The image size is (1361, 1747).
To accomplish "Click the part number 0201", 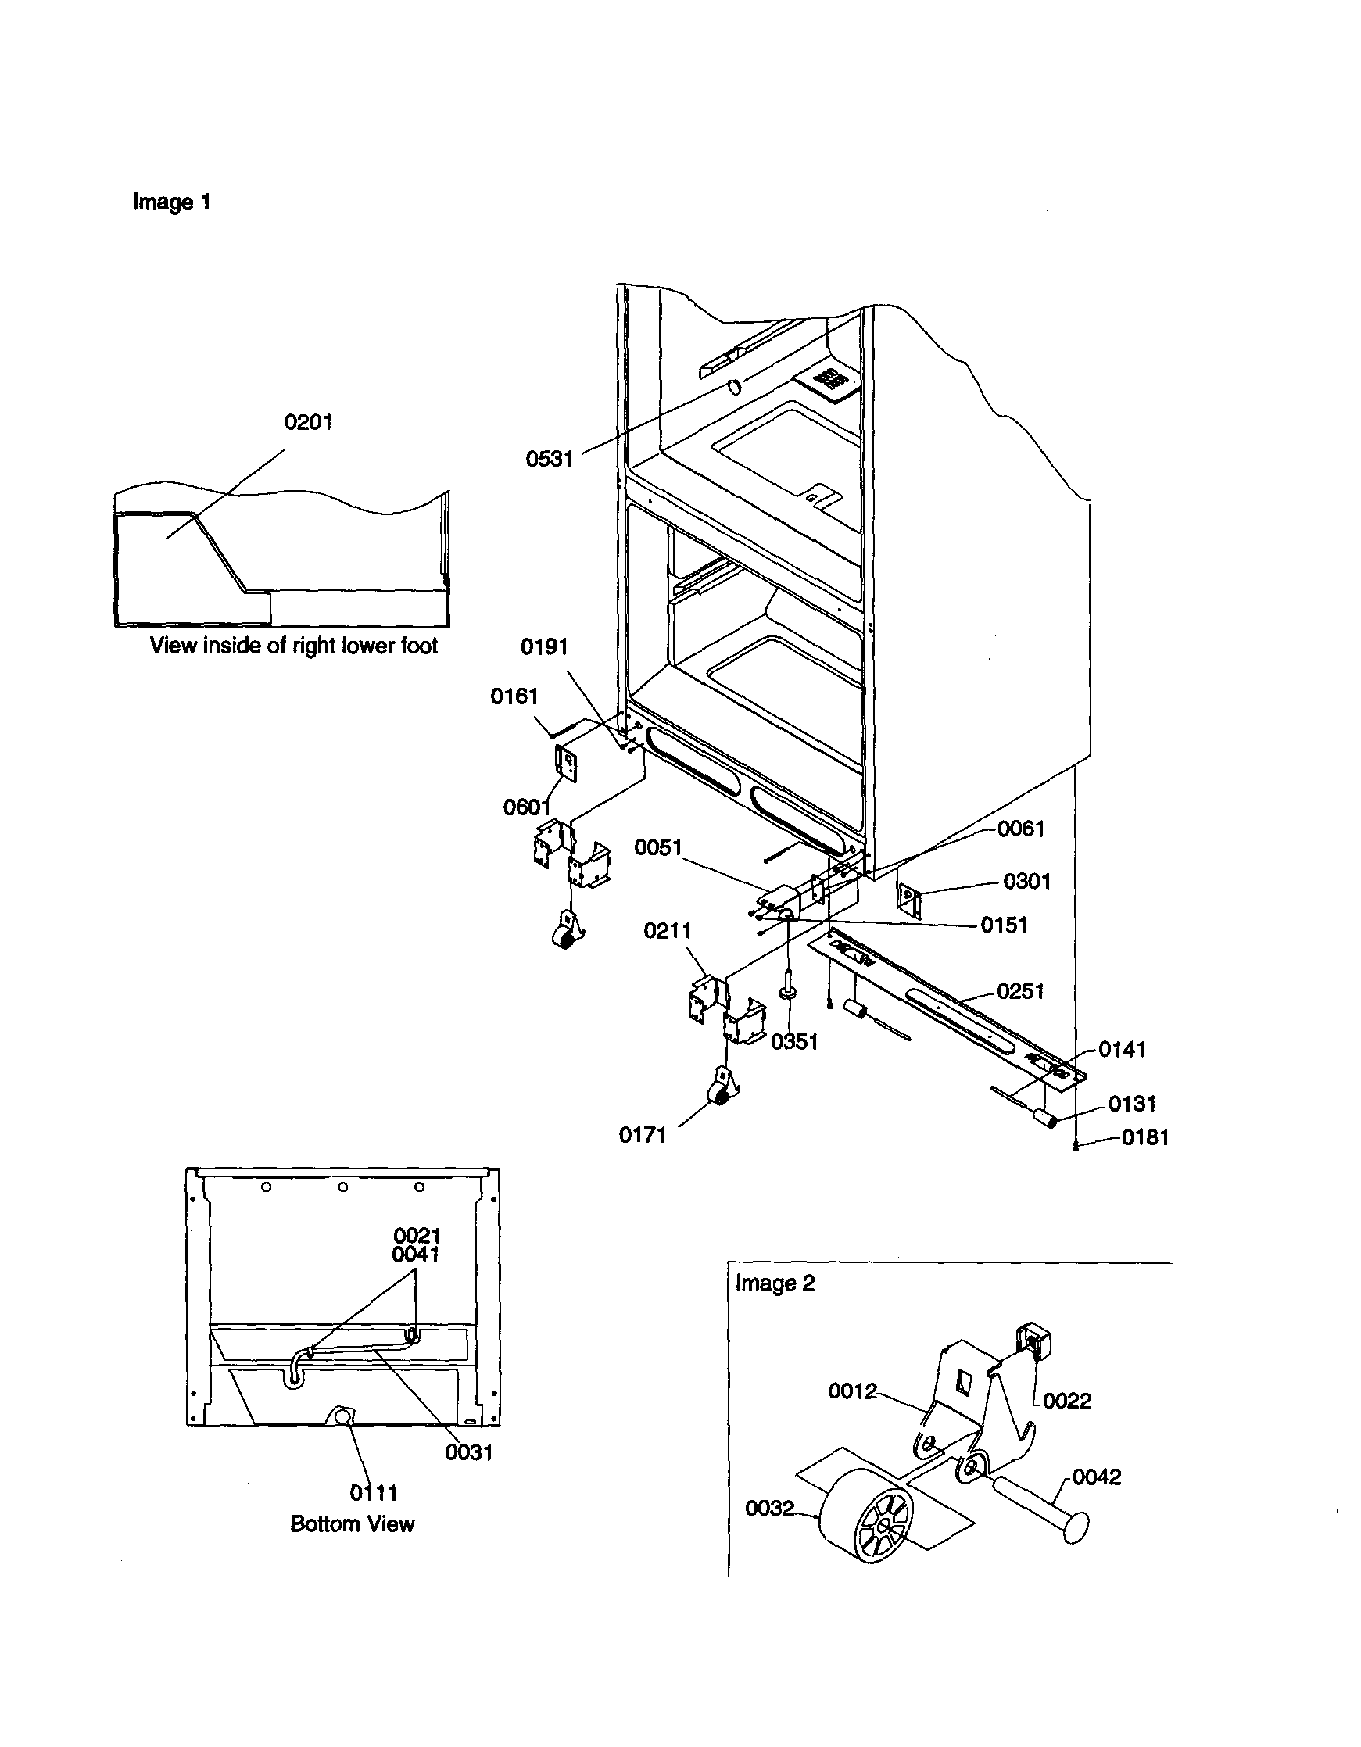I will (x=308, y=421).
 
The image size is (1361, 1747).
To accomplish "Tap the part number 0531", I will (x=549, y=458).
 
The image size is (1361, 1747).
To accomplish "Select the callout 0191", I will (x=544, y=646).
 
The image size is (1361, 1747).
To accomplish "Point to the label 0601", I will (x=526, y=807).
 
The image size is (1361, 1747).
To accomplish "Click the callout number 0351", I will (x=793, y=1041).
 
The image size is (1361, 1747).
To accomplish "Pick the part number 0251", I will (x=1020, y=991).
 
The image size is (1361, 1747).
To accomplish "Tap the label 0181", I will (x=1145, y=1137).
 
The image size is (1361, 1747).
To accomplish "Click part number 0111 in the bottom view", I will (x=374, y=1493).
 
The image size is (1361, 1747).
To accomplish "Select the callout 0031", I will (x=469, y=1452).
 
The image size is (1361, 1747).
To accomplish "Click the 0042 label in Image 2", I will (x=1096, y=1477).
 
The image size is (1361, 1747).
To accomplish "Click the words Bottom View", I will (x=352, y=1523).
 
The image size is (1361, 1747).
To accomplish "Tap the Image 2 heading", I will (x=775, y=1283).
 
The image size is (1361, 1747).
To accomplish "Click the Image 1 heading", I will (x=171, y=202).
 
